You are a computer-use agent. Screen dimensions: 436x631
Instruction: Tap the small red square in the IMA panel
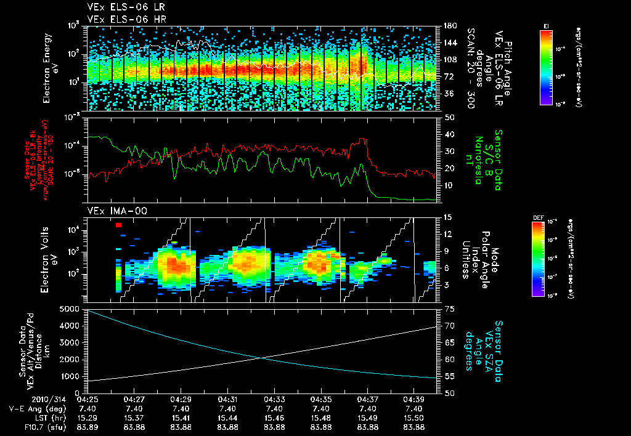pos(118,225)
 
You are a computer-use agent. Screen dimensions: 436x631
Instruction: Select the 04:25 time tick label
pos(88,400)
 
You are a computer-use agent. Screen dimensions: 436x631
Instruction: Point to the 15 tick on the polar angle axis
pos(448,217)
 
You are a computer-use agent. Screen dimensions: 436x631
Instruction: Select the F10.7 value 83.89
pos(88,427)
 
